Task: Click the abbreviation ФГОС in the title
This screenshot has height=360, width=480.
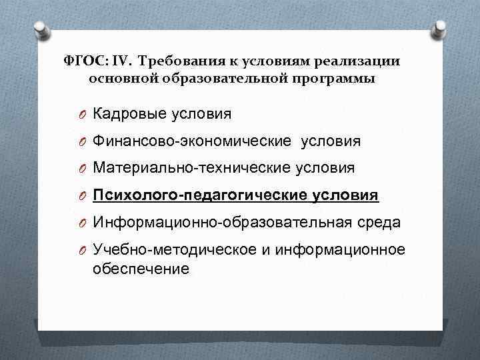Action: click(85, 60)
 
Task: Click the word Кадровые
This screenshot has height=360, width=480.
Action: click(127, 114)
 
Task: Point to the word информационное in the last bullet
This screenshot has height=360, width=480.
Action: click(343, 250)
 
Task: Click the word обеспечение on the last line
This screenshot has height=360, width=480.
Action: click(141, 269)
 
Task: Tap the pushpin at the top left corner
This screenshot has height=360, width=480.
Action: click(41, 30)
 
